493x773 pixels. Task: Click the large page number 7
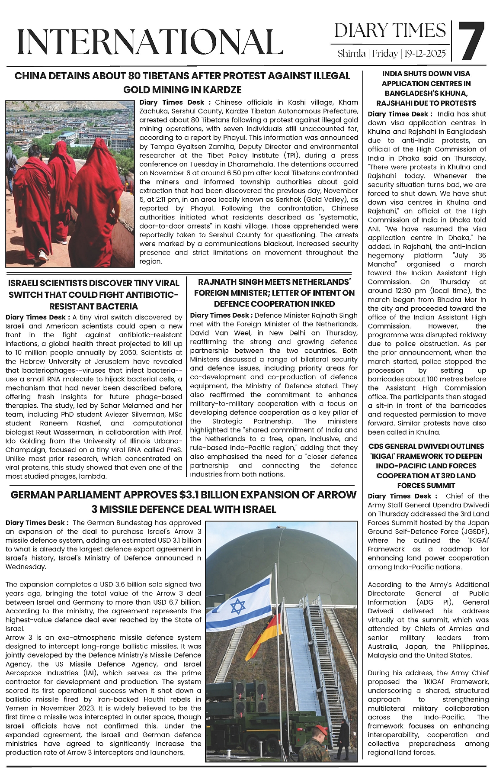pos(471,41)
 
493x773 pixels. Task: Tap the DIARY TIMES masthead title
pos(390,31)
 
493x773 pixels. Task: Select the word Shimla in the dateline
pos(351,54)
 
